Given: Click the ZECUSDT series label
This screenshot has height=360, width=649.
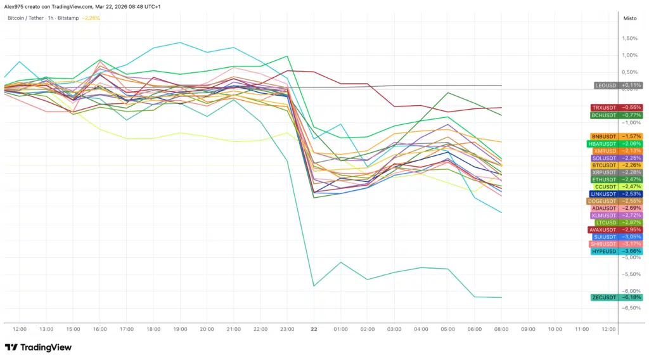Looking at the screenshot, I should (603, 297).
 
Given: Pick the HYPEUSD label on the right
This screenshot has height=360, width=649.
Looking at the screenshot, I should (604, 251).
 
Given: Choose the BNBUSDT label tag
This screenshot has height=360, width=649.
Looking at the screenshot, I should (604, 136).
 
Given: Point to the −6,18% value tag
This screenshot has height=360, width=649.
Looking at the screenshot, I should (631, 297).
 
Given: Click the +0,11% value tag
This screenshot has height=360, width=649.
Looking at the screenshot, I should (631, 85).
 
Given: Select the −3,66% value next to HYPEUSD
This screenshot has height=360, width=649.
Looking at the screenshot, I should (631, 251).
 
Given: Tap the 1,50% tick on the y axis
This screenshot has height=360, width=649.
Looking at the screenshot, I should (629, 39).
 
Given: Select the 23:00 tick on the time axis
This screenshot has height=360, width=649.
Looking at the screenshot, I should (287, 330).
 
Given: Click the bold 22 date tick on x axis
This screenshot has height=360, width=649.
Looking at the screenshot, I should (314, 330).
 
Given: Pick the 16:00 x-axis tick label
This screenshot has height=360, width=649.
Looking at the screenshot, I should (100, 330).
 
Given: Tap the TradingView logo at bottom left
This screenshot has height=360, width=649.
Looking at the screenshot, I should (38, 347).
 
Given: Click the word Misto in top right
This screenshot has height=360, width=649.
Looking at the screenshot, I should (630, 18).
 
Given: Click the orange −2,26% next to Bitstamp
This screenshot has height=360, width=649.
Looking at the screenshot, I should (91, 18).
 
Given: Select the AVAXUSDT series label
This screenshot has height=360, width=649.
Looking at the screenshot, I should (603, 229).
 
